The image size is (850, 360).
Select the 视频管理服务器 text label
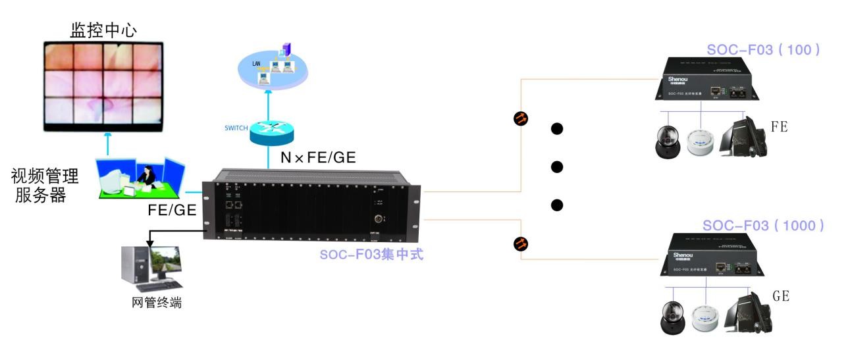tap(45, 186)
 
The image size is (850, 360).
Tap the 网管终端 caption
tap(156, 303)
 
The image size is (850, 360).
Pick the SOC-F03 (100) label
tap(764, 50)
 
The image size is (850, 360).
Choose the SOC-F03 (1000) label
tap(763, 225)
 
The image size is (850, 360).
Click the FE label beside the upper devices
tap(779, 126)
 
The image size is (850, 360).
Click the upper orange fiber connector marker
tap(520, 119)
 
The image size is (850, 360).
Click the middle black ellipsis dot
tap(557, 167)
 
